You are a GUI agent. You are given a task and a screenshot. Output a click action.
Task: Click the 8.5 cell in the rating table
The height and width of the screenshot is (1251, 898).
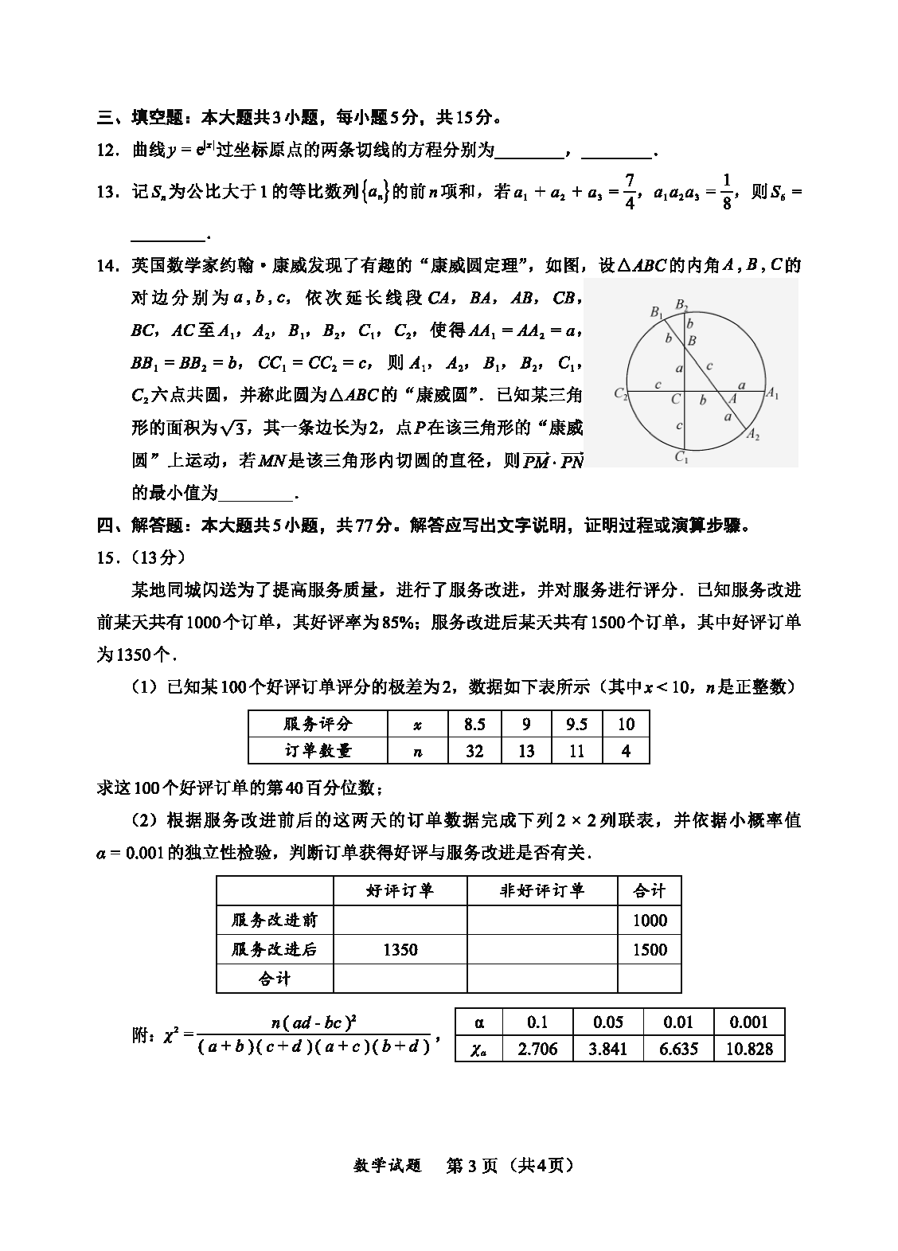(x=474, y=724)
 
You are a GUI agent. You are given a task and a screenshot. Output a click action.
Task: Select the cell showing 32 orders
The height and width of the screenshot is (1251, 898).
(x=474, y=751)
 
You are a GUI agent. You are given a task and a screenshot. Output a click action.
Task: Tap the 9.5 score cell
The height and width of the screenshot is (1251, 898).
(x=576, y=724)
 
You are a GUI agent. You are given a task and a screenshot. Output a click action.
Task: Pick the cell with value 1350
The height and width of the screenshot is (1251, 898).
(x=400, y=949)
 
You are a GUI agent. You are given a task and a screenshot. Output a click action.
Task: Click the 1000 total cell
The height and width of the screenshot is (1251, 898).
(x=650, y=921)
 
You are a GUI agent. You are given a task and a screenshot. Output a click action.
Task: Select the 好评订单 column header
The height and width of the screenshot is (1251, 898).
(x=400, y=891)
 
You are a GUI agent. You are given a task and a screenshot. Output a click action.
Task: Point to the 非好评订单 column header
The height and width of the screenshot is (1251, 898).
(x=542, y=891)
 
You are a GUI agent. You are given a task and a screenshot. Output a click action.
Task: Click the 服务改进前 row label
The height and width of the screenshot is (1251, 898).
(x=275, y=921)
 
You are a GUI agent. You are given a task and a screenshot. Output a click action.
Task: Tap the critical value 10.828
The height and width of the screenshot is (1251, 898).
(x=749, y=1049)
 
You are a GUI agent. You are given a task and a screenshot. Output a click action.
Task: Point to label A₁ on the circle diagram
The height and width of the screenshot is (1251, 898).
(x=771, y=393)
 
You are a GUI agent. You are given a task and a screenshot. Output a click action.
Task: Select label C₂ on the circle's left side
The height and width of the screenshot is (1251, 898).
(x=621, y=393)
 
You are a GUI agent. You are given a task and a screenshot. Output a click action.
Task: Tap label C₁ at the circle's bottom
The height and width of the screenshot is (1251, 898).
(x=681, y=457)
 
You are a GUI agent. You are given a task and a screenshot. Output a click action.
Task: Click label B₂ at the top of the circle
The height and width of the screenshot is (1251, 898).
(x=681, y=304)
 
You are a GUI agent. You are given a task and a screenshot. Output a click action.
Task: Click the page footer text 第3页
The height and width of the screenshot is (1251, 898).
(x=472, y=1166)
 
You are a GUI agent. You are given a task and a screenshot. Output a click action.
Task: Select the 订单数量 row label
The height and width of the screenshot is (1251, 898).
(x=318, y=751)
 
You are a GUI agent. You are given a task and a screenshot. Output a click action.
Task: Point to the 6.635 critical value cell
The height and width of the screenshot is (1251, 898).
(x=679, y=1049)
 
